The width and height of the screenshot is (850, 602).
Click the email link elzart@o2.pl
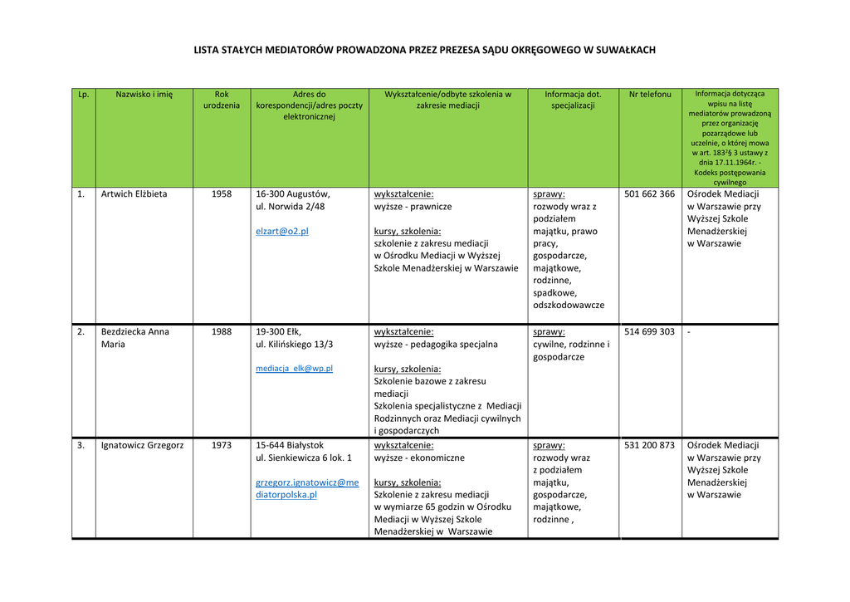[281, 231]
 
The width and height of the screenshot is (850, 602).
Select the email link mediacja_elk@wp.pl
[294, 368]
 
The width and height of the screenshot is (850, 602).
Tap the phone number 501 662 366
[649, 194]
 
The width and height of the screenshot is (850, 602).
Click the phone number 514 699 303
[649, 332]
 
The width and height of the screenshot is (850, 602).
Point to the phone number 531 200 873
[649, 445]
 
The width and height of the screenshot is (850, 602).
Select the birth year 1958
[222, 194]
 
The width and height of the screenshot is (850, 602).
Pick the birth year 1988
[222, 332]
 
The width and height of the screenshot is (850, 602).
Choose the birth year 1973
[222, 445]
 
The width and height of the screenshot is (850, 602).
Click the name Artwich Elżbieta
[134, 194]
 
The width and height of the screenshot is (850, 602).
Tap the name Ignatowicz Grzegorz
[142, 445]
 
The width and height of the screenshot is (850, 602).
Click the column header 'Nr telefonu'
[650, 95]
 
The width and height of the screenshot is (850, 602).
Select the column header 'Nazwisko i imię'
[144, 95]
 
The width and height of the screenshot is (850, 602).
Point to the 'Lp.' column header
[83, 95]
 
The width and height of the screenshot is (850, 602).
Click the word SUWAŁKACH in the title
[620, 50]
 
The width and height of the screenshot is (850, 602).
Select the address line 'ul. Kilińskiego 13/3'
[295, 344]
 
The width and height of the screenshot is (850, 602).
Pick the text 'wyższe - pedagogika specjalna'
[436, 344]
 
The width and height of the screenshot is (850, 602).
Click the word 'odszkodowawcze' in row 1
[569, 305]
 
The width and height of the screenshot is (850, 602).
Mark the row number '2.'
[81, 332]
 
